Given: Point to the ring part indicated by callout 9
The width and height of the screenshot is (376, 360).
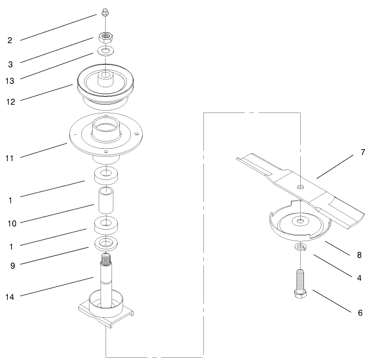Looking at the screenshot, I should click(106, 243).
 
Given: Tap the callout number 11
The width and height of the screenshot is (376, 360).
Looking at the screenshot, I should click(9, 158).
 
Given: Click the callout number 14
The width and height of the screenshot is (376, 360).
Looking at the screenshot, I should click(9, 297).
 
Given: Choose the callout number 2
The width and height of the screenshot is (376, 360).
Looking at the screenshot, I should click(10, 40).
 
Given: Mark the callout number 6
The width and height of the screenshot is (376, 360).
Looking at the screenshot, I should click(360, 313).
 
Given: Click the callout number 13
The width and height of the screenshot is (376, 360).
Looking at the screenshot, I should click(9, 81).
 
